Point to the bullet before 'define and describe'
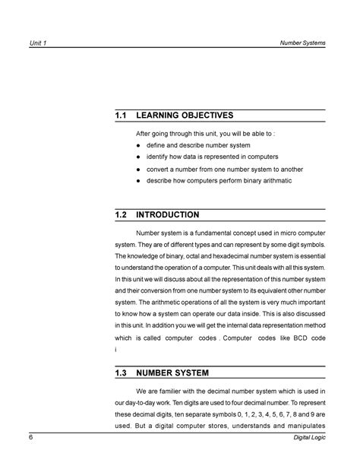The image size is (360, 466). [138, 144]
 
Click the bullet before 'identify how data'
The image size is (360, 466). [138, 156]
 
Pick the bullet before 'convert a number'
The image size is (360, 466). [138, 170]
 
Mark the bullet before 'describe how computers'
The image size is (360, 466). [138, 182]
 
